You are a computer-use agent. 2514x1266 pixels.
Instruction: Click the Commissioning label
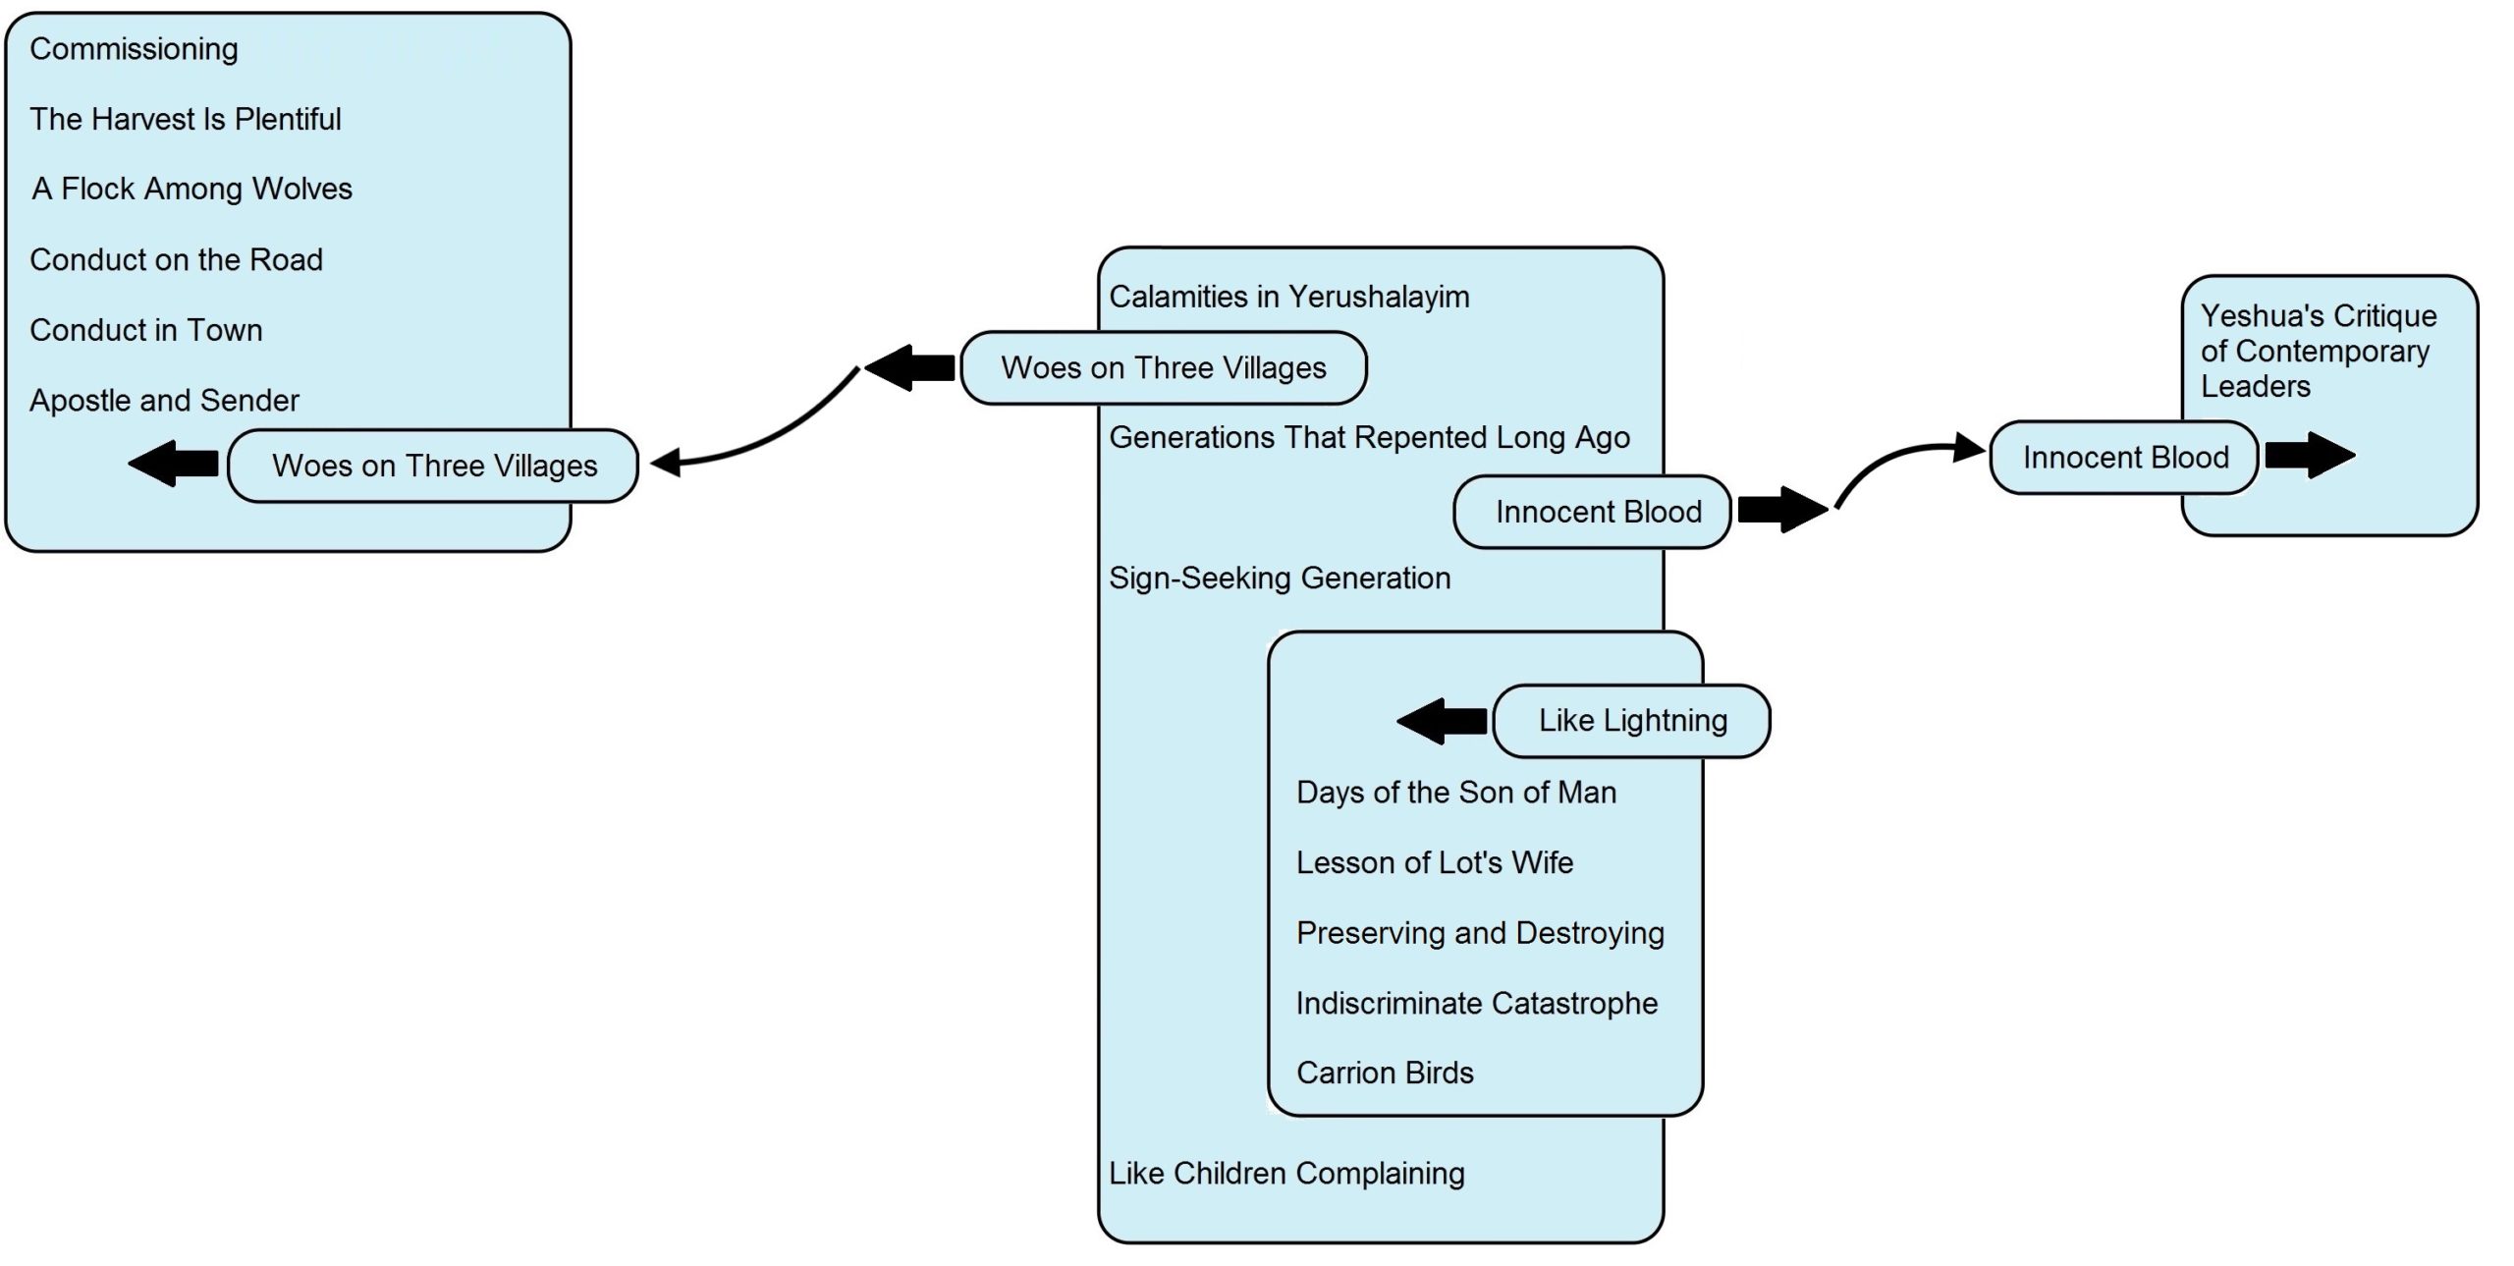tap(134, 49)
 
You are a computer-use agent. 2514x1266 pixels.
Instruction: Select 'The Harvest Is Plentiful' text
tap(186, 119)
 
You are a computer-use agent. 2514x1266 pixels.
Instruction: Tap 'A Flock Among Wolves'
tap(191, 189)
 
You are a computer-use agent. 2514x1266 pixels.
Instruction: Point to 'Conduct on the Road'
tap(176, 259)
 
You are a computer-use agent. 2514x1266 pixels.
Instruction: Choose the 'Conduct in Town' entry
tap(146, 330)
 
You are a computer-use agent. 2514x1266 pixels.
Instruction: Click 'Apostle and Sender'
tap(164, 401)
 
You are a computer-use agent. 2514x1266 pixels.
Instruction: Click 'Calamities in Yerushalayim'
tap(1289, 297)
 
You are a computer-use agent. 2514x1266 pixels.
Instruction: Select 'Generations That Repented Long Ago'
tap(1370, 437)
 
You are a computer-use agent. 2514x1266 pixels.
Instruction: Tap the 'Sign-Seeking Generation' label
tap(1280, 578)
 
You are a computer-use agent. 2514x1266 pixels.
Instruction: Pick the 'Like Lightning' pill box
tap(1632, 721)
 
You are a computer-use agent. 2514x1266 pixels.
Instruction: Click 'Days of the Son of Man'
tap(1456, 793)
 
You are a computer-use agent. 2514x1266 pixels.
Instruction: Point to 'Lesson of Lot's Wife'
tap(1435, 862)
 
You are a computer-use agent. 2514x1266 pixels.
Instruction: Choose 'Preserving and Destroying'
tap(1480, 933)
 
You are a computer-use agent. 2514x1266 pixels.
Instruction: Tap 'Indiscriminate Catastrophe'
tap(1477, 1003)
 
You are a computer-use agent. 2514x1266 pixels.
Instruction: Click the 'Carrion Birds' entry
tap(1385, 1073)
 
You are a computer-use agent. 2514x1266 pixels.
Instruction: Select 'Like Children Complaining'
tap(1286, 1174)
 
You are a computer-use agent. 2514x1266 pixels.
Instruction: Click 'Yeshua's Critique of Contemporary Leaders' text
tap(2319, 351)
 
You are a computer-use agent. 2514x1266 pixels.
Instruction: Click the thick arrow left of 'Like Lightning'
tap(1442, 721)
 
